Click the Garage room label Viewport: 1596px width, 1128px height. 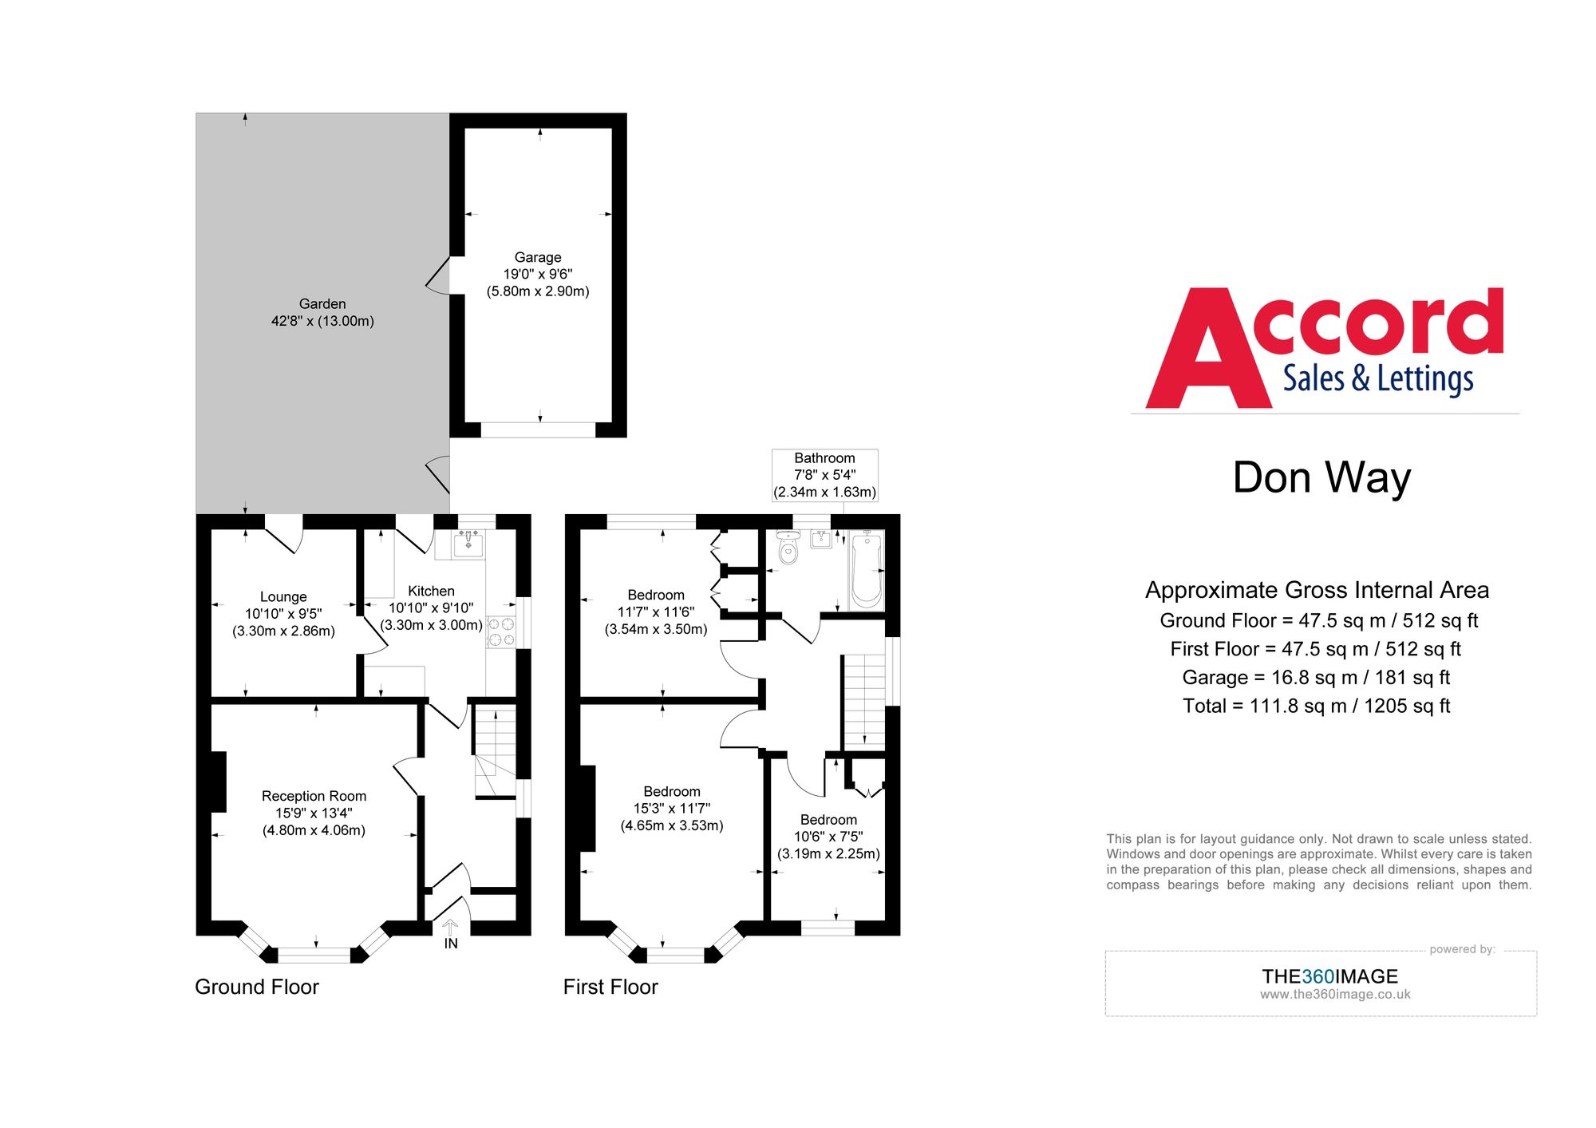(537, 258)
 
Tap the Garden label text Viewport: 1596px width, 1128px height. (322, 304)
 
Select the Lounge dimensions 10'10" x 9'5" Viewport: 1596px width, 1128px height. (283, 614)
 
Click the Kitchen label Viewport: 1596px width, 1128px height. (431, 592)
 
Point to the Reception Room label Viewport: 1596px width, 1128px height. (314, 796)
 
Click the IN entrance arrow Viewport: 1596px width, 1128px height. (450, 928)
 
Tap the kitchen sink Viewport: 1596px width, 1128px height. (468, 543)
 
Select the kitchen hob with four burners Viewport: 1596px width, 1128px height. (501, 631)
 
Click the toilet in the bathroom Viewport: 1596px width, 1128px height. (788, 548)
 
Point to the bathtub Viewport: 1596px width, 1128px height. (867, 571)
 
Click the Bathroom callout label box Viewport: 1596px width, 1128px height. (824, 475)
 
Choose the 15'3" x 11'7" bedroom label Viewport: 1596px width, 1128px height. (672, 808)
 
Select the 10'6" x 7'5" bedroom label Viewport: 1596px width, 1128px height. (828, 837)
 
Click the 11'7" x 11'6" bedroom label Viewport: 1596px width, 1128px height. (656, 611)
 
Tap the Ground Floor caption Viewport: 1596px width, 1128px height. (256, 987)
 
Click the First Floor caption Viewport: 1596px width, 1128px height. (610, 987)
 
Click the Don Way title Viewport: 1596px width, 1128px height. (1321, 477)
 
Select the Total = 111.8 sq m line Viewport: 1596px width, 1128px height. (1316, 706)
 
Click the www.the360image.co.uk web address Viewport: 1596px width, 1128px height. (1335, 995)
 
